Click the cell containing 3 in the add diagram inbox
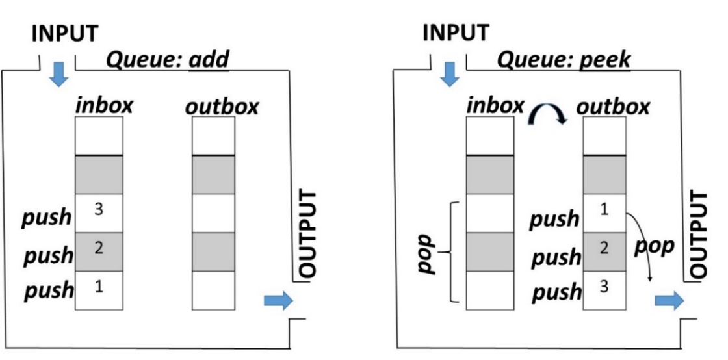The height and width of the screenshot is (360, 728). (x=99, y=214)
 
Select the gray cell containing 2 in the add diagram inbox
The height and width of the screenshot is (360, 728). (x=99, y=251)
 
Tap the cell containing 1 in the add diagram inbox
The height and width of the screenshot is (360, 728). (x=99, y=290)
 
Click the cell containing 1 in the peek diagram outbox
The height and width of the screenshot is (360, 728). (x=604, y=214)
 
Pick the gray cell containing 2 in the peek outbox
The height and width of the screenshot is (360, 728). (x=604, y=251)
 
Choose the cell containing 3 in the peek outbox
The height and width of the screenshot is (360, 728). (x=604, y=290)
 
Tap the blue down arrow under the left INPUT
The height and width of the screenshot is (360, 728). (x=58, y=75)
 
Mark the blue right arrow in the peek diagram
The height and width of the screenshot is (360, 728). (x=669, y=300)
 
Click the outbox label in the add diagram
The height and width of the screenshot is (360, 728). (x=221, y=105)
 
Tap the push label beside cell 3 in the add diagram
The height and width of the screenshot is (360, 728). (x=47, y=217)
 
